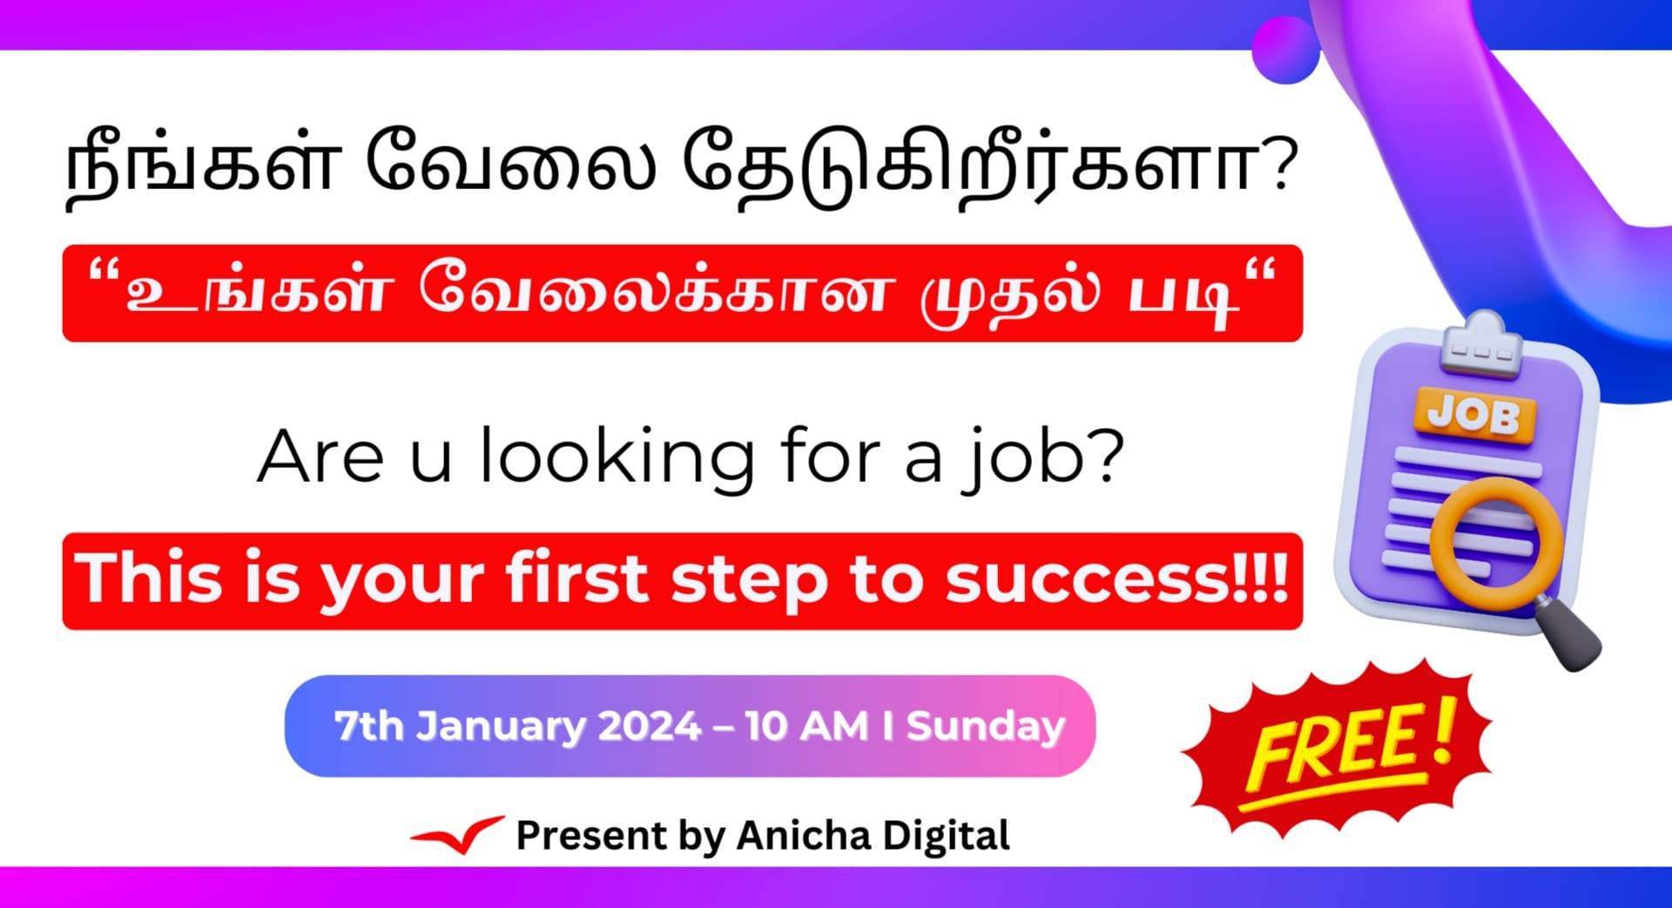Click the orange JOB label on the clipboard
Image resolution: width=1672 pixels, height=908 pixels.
click(1473, 415)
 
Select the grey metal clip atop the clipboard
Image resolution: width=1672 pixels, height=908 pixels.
click(1480, 347)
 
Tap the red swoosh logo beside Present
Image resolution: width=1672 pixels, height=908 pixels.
click(457, 836)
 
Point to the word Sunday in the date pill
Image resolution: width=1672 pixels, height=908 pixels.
click(985, 726)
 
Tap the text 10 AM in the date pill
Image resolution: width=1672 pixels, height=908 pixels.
click(806, 726)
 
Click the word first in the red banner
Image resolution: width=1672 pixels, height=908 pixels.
click(576, 579)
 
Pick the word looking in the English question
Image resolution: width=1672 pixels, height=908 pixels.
click(617, 457)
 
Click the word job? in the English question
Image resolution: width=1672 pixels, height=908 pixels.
click(1045, 457)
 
